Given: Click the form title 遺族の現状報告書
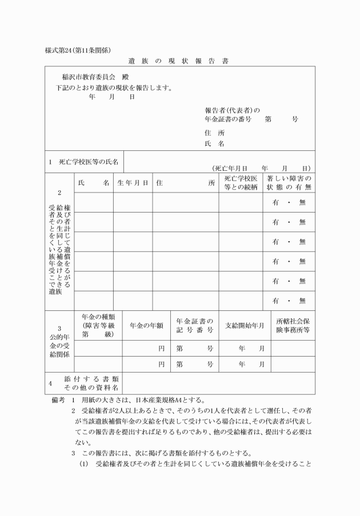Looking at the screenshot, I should point(178,59).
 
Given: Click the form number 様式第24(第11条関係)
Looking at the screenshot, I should point(78,49).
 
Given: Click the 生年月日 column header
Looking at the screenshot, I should point(133,183).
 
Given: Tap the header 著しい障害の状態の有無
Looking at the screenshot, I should point(289,183).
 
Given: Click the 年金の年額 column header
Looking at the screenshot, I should point(147,325).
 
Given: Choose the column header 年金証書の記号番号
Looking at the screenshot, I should point(194,325).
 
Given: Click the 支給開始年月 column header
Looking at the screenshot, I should point(245,325).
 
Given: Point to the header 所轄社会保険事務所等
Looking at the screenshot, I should point(293,325).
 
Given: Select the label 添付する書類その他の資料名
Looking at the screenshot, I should point(91,383).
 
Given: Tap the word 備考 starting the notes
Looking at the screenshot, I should point(58,399).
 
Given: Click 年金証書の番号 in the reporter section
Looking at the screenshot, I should point(228,119).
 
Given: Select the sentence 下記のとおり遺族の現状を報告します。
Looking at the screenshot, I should point(115,88).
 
